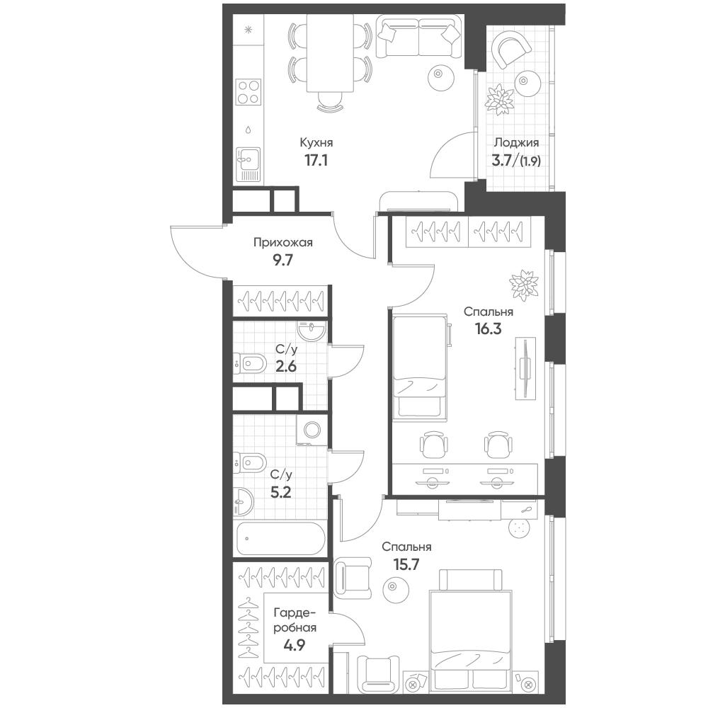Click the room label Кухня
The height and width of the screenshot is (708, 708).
coord(316,143)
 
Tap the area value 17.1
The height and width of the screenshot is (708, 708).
coord(316,160)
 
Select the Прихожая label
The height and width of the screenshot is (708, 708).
coord(282,243)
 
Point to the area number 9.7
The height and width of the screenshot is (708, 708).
coord(282,260)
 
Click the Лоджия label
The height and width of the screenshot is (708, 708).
coord(517,143)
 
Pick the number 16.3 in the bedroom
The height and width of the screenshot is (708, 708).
coord(488,329)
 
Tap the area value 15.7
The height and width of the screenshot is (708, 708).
coord(406,564)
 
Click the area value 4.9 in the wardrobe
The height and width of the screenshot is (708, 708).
coord(295,645)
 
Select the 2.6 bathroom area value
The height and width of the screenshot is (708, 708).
coord(286,366)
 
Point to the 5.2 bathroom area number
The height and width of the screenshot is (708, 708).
coord(280,492)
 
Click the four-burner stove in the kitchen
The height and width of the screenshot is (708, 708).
coord(249,91)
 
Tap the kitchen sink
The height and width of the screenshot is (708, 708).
coord(248,165)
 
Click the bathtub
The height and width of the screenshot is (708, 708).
coord(280,539)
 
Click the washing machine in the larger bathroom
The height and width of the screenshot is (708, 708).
coord(312,430)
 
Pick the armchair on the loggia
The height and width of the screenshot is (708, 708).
coord(510,50)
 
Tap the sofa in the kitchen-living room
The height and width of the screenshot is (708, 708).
coord(419,36)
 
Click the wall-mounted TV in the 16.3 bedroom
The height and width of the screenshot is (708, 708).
coord(525,368)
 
